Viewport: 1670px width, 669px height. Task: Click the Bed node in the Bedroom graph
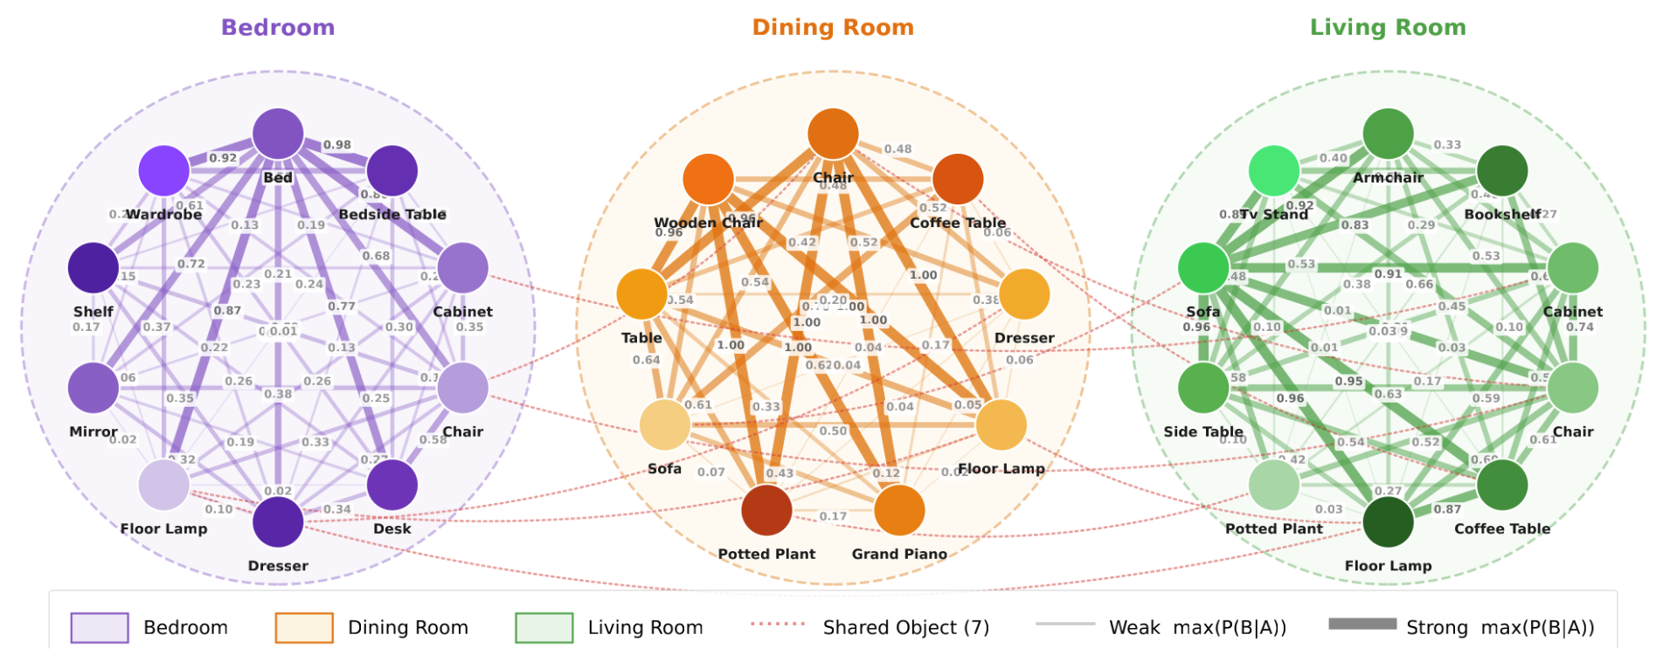(278, 134)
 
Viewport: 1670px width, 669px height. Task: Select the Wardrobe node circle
(163, 170)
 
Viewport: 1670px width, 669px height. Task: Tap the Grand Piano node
(899, 510)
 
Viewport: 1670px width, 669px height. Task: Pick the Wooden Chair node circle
(708, 179)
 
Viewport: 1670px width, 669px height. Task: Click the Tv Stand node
(1274, 170)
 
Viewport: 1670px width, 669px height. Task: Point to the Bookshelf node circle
(1502, 170)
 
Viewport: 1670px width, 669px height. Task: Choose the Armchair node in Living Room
(1388, 134)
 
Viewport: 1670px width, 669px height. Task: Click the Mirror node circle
(94, 388)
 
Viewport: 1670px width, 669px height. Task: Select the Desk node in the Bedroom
(392, 485)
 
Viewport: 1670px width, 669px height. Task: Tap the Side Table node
(1203, 388)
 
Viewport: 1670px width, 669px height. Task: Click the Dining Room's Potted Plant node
(766, 510)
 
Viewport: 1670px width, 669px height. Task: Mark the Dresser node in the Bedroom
(278, 521)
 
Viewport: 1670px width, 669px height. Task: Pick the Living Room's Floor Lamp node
(1388, 521)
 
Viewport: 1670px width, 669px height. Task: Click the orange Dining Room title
(833, 27)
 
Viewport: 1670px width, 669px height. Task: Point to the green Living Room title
(1388, 27)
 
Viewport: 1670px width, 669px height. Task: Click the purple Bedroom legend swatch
(100, 627)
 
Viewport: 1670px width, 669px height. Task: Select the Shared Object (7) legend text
(905, 627)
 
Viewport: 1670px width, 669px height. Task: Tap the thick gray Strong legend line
(1362, 624)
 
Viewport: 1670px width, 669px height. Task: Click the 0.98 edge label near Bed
(337, 145)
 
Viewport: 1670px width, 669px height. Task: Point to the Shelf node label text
(94, 312)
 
